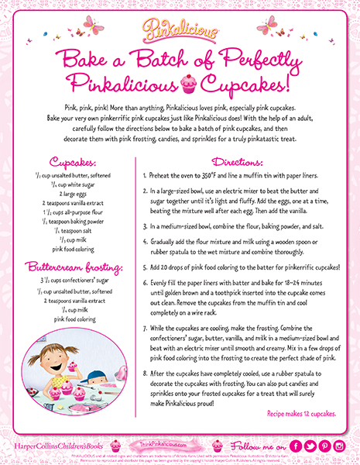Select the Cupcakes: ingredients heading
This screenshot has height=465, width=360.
(69, 163)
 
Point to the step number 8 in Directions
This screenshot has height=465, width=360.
(145, 373)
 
